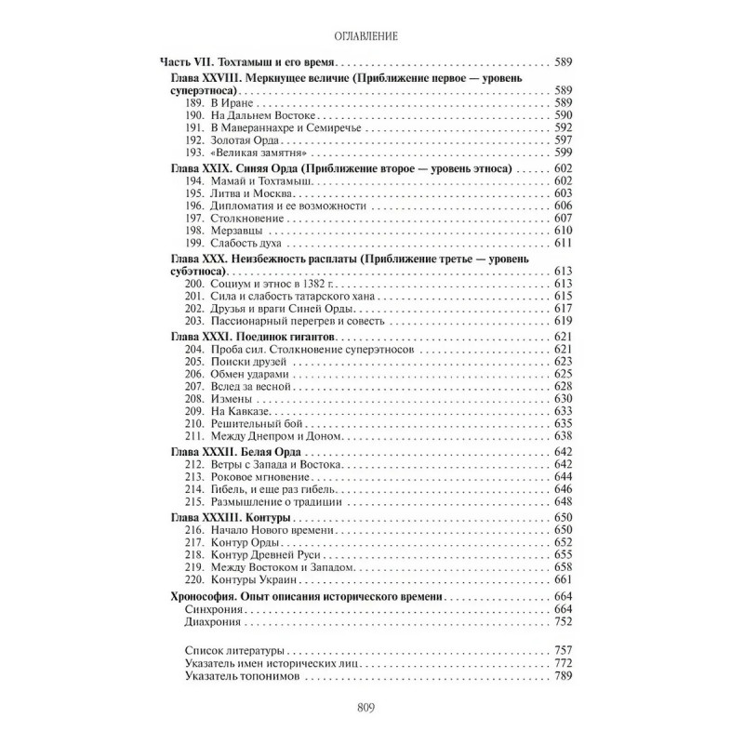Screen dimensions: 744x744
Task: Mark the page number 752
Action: [561, 621]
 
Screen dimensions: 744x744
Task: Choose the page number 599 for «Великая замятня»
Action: [561, 152]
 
